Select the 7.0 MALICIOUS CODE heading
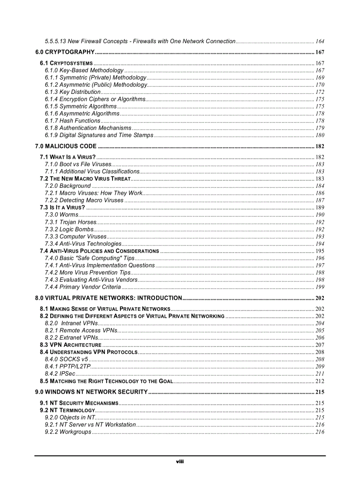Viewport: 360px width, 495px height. [x=66, y=146]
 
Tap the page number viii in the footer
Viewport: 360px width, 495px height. [x=180, y=462]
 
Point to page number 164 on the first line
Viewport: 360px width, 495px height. [x=320, y=41]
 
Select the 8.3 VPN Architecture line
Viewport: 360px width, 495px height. [x=71, y=345]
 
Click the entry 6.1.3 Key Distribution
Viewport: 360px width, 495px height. [x=72, y=92]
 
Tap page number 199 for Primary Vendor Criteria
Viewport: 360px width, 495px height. [x=320, y=287]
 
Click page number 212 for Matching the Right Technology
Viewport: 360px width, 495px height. [x=320, y=381]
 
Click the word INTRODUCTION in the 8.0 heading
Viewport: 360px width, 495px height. [x=160, y=298]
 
